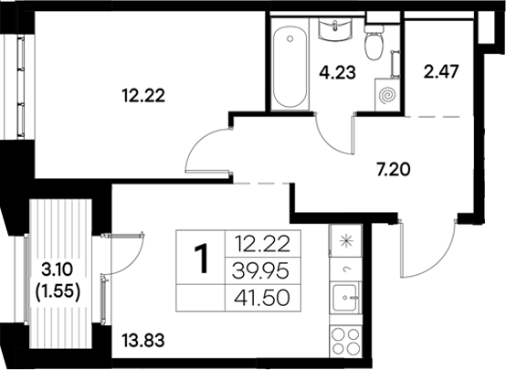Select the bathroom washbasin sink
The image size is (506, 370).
pyautogui.click(x=334, y=30)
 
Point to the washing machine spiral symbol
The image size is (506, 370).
pyautogui.click(x=387, y=92)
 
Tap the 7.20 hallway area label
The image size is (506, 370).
pyautogui.click(x=395, y=169)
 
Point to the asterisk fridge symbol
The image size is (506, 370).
pyautogui.click(x=346, y=241)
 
